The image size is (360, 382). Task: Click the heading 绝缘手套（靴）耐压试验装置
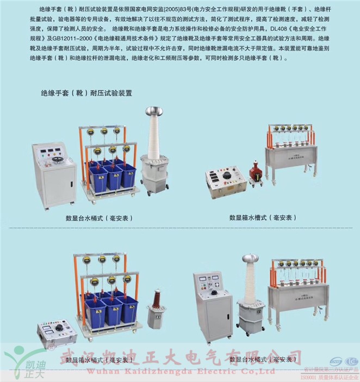coord(86,93)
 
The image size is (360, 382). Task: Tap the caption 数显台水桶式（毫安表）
coord(99,218)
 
